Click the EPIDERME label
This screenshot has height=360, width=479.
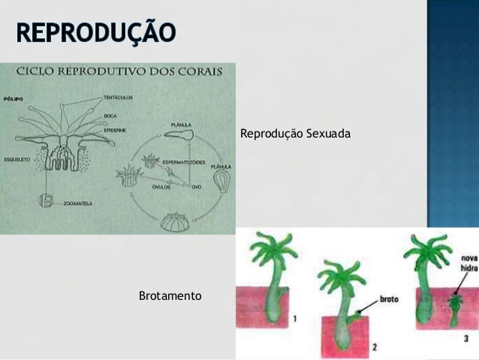pyautogui.click(x=114, y=128)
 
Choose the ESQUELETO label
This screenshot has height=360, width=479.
pyautogui.click(x=16, y=159)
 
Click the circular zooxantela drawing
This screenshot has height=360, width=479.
pyautogui.click(x=46, y=202)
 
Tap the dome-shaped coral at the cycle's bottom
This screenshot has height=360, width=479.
pyautogui.click(x=176, y=222)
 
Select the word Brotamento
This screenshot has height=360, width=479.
pyautogui.click(x=170, y=297)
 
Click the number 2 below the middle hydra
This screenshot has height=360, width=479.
pyautogui.click(x=375, y=347)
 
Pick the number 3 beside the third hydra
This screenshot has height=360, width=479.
pyautogui.click(x=466, y=339)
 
